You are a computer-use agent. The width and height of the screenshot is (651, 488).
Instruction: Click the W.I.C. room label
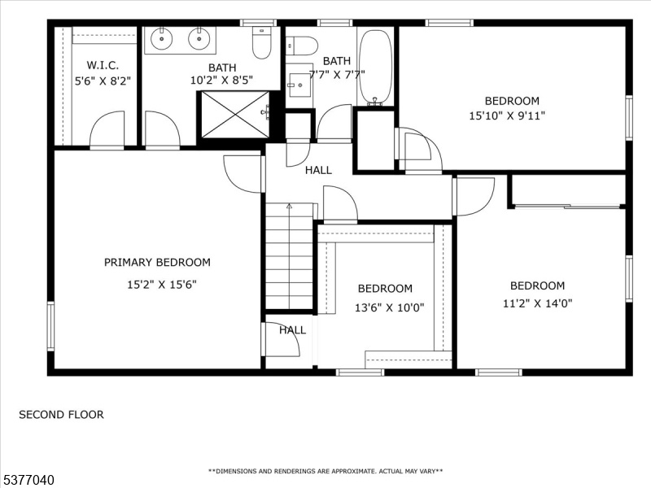pos(103,65)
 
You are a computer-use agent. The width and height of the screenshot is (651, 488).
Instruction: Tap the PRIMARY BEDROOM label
pos(157,262)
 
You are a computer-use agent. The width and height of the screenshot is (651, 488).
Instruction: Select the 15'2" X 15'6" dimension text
pos(161,285)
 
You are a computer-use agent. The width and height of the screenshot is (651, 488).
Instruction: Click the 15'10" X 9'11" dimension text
pos(507,115)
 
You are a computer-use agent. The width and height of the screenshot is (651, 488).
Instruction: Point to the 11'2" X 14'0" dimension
pos(537,303)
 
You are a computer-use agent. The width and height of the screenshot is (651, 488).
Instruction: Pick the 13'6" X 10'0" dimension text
pos(389,307)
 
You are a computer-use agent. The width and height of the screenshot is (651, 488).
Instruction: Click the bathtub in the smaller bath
pos(375,68)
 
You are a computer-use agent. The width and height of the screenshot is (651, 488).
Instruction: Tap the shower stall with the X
pos(235,115)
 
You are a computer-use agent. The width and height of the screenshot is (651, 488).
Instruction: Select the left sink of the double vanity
pos(161,38)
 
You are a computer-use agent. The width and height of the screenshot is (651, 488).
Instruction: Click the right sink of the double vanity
pos(199,38)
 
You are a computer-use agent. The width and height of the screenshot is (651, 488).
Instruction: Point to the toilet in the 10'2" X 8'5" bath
pos(261,43)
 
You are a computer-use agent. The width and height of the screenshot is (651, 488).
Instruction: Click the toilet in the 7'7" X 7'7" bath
pos(302,46)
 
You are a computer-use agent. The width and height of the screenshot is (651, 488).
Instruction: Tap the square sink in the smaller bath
pos(299,85)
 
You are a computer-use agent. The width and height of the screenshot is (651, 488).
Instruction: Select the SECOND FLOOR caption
pos(62,415)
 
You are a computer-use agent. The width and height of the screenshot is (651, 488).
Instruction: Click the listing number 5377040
pos(28,480)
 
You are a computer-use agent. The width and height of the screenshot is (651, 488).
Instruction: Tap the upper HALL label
pos(318,170)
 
